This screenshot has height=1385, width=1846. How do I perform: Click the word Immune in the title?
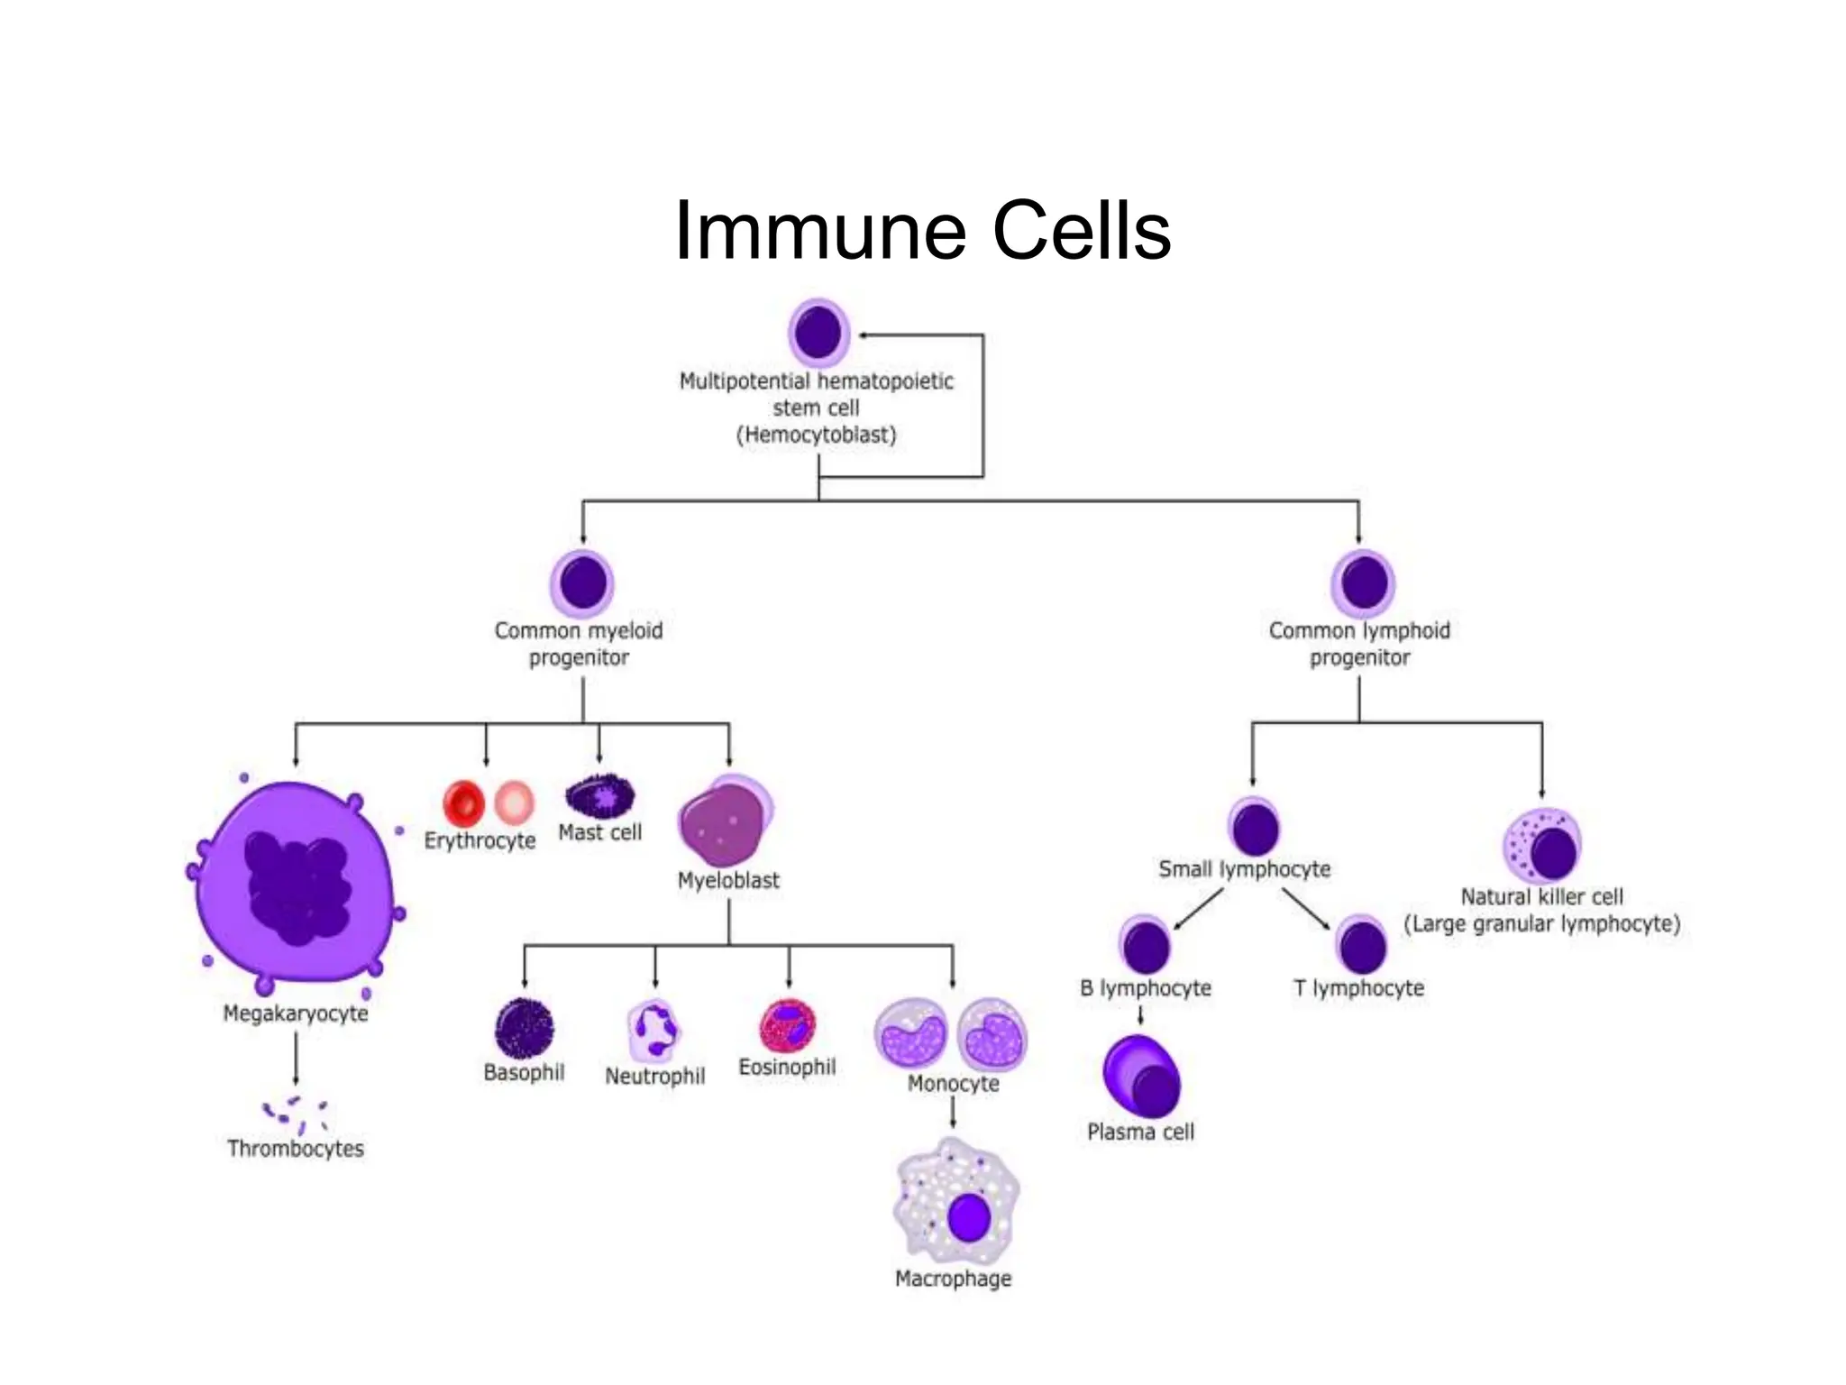(x=820, y=231)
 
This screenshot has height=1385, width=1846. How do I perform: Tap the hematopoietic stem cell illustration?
(x=818, y=333)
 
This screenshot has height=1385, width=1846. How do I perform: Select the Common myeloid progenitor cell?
(x=582, y=582)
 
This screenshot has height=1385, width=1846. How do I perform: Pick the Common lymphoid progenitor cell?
(x=1363, y=582)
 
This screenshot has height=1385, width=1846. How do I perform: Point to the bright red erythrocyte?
(x=463, y=803)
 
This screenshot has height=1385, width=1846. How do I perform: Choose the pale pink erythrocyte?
(x=515, y=802)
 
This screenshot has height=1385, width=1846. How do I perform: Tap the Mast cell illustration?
(x=599, y=796)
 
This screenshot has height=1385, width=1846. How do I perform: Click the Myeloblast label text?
(x=728, y=880)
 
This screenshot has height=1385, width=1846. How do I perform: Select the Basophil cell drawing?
(x=524, y=1028)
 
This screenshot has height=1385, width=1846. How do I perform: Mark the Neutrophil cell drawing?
(x=653, y=1031)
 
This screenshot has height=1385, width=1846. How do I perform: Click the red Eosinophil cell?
(x=788, y=1026)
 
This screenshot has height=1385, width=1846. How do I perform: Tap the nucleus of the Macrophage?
(x=969, y=1217)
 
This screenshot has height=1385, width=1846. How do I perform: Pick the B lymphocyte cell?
(x=1146, y=946)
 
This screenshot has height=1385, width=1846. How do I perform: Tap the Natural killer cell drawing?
(x=1542, y=846)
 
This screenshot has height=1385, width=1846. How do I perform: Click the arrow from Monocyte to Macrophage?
(x=953, y=1113)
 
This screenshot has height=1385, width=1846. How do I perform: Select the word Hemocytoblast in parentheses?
(x=817, y=436)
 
